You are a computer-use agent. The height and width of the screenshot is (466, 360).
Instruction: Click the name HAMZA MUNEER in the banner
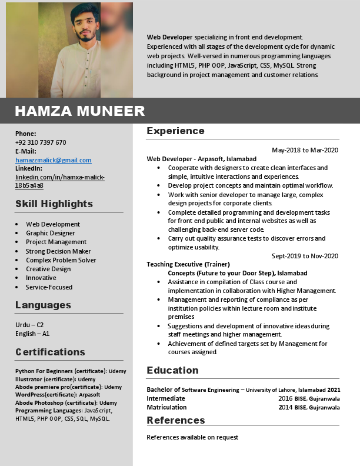tap(79, 111)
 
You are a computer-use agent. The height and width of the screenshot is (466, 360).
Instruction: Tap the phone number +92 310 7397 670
tap(41, 142)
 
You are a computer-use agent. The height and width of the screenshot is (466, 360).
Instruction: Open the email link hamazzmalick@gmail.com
tap(54, 160)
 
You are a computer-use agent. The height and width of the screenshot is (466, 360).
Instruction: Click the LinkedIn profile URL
tap(59, 181)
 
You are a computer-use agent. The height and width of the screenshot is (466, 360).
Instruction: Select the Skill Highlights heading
tap(54, 204)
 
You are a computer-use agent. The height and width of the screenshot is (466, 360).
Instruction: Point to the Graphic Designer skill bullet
tap(50, 233)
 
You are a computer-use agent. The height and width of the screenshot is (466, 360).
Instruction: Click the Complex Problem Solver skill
tap(61, 260)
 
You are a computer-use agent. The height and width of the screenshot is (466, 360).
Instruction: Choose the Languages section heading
tap(43, 305)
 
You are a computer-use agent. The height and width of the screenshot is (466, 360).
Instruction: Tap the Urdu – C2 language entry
tap(29, 325)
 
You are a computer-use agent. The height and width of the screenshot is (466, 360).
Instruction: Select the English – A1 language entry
tap(32, 334)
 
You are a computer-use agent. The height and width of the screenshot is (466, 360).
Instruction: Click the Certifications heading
tap(50, 352)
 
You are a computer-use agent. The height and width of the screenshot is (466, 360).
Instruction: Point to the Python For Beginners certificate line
tap(71, 371)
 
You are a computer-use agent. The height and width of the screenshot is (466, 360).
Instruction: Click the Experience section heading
tap(175, 131)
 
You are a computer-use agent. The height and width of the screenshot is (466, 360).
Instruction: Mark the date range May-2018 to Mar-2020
tap(305, 150)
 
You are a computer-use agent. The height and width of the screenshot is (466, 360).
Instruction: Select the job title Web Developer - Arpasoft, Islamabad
tap(201, 159)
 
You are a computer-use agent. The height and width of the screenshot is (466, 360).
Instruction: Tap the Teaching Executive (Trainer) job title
tap(188, 264)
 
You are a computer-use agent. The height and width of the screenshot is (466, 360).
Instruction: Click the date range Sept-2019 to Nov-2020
tap(305, 256)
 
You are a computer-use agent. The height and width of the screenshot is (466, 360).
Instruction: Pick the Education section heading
tap(172, 371)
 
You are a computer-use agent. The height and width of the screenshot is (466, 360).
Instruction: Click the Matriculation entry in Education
tap(166, 407)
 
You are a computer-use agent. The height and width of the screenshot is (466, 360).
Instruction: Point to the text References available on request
tap(192, 437)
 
